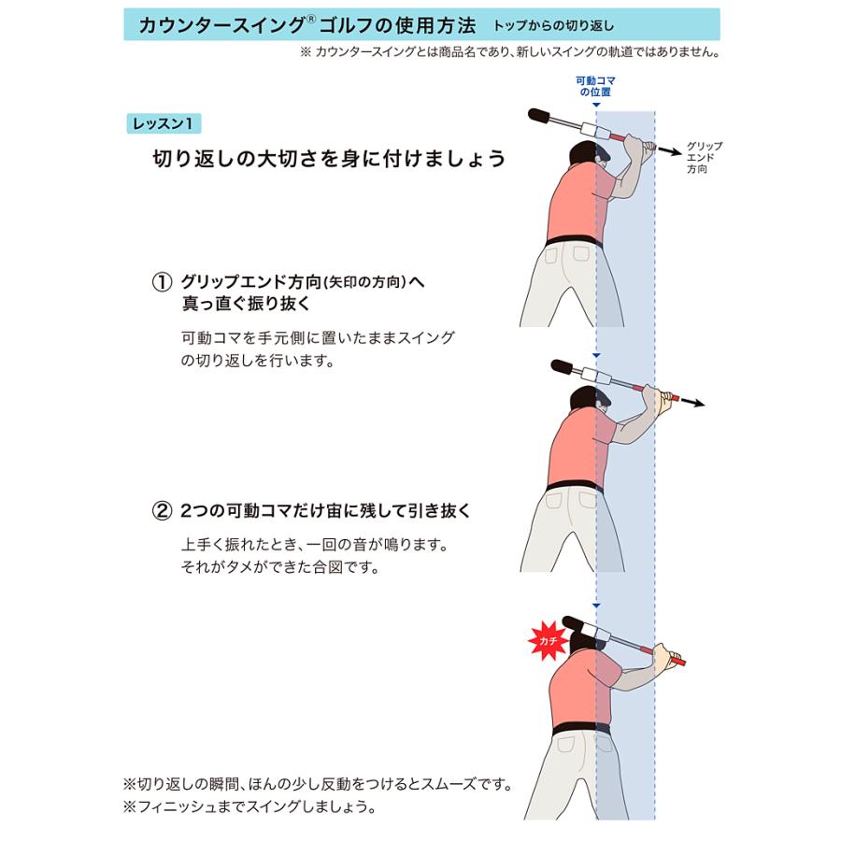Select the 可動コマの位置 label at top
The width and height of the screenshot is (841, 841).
pyautogui.click(x=595, y=87)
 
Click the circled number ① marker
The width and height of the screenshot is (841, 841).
pyautogui.click(x=163, y=281)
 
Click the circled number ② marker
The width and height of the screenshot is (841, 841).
pyautogui.click(x=163, y=511)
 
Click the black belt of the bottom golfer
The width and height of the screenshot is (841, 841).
pyautogui.click(x=581, y=728)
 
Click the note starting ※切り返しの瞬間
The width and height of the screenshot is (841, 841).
pyautogui.click(x=318, y=783)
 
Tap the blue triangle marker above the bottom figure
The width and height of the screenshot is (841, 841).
pyautogui.click(x=596, y=606)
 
